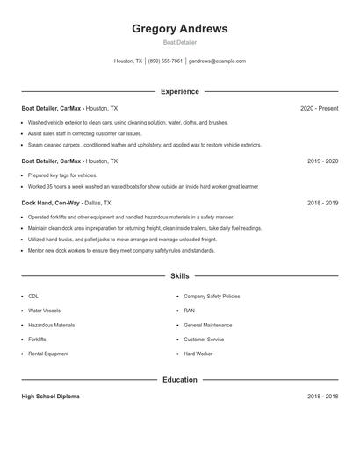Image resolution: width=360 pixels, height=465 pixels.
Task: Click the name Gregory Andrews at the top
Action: pos(180,29)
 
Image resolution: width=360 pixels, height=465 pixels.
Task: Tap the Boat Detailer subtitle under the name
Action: pos(180,42)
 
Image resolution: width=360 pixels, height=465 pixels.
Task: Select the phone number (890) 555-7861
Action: pos(165,61)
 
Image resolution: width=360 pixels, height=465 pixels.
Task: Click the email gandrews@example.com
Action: pos(217,61)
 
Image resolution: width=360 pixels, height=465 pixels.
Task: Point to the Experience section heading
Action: pos(180,91)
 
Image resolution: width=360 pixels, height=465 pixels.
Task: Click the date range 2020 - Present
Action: pos(319,108)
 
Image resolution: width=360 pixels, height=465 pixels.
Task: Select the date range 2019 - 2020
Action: pos(322,161)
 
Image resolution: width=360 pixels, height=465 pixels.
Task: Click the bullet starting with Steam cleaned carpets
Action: pos(144,145)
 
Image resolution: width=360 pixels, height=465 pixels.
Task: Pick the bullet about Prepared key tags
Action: pos(62,175)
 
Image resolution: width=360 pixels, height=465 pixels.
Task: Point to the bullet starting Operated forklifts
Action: pos(131,217)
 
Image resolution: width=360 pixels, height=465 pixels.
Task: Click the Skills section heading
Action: pos(180,275)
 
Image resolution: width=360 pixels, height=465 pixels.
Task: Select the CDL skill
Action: pos(33,297)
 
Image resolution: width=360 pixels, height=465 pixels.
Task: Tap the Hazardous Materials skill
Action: pos(51,325)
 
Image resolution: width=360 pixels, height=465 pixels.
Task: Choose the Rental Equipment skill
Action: pos(49,354)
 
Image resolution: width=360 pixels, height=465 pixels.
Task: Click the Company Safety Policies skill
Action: pos(212,297)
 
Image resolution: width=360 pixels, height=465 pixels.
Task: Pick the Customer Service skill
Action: pos(204,339)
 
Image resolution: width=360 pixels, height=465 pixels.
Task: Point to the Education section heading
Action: pos(180,380)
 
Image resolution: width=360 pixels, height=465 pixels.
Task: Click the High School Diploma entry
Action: pos(50,397)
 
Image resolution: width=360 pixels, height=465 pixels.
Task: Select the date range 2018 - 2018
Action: pos(322,397)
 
